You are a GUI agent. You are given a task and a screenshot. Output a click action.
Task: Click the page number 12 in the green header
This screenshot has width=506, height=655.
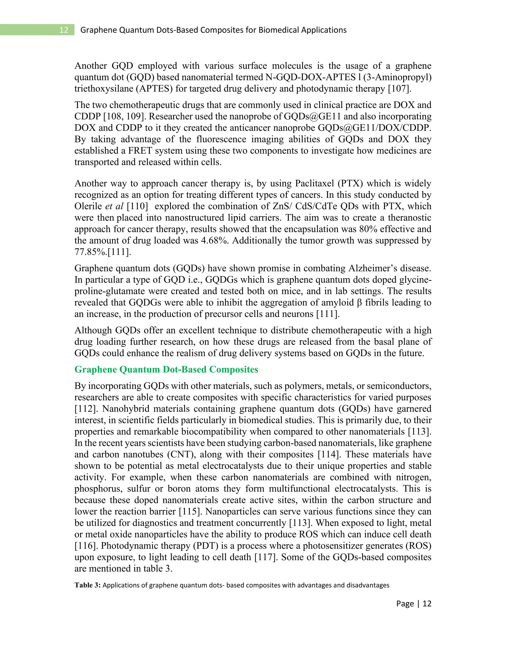64,30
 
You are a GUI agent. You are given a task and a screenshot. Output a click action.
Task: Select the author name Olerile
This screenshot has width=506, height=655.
88,206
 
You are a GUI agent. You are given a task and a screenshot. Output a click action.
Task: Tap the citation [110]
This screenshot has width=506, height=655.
138,206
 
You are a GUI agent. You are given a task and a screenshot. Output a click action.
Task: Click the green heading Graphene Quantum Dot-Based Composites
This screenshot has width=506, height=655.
166,370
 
